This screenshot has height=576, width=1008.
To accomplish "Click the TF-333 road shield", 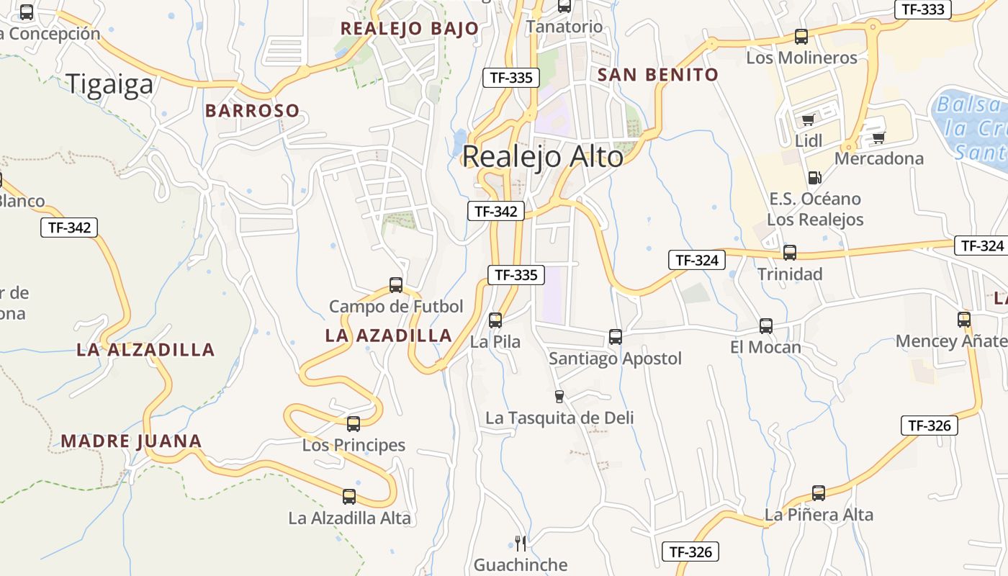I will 922,9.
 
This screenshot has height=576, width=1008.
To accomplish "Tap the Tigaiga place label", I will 109,84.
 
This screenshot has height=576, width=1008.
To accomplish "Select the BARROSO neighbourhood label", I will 252,111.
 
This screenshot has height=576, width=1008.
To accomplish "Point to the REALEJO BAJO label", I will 409,29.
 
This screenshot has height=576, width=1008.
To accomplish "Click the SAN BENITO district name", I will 658,75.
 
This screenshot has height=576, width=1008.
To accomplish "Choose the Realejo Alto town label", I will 542,156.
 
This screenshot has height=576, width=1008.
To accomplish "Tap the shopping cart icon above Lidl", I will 808,120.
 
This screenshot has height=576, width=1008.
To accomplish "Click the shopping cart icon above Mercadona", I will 878,138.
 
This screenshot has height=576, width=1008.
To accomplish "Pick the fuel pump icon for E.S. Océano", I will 814,177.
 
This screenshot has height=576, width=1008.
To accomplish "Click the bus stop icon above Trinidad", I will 790,253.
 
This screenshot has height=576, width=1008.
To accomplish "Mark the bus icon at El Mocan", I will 766,326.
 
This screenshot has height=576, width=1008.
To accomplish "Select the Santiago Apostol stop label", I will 615,359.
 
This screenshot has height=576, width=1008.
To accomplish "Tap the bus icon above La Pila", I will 495,320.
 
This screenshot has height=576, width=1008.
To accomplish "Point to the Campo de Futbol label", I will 396,307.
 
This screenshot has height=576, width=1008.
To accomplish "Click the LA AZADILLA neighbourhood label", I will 388,336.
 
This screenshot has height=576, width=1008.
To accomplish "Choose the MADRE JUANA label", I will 131,441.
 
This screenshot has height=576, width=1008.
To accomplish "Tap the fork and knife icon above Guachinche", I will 521,543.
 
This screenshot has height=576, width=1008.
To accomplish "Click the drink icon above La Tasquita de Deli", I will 559,396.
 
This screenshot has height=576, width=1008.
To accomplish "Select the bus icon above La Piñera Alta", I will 819,493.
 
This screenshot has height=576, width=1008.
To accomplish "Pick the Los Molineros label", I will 801,58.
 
